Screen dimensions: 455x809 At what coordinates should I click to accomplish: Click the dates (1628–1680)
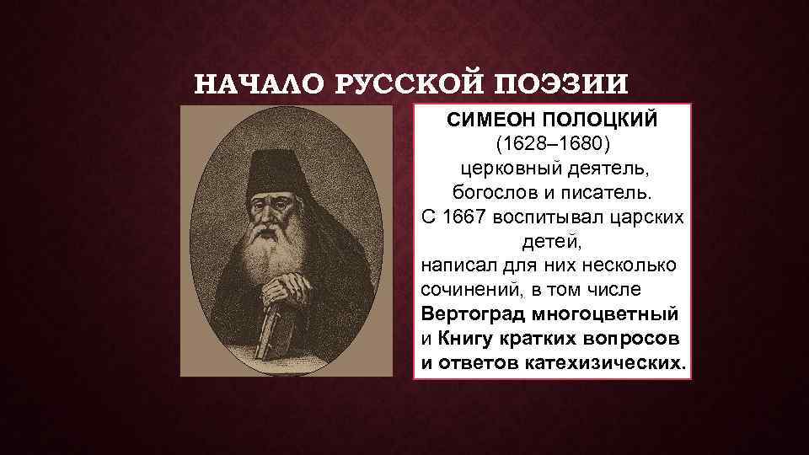552,145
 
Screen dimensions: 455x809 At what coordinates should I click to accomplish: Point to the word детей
552,242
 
